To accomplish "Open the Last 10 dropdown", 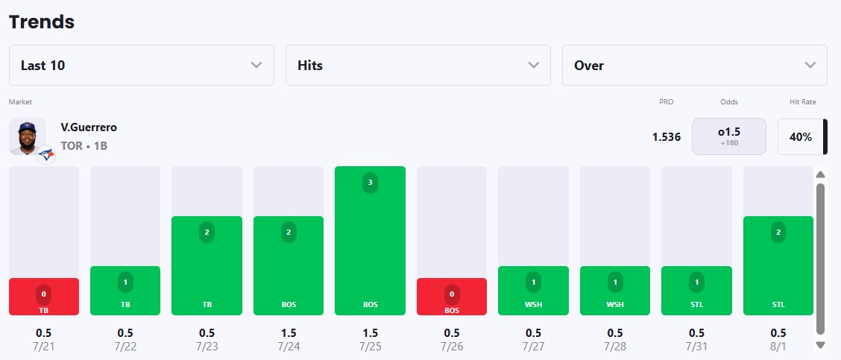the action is [142, 66].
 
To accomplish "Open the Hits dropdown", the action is [418, 66].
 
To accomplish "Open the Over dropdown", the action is [695, 66].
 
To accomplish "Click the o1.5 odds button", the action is [729, 136].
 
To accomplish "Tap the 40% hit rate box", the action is [801, 137].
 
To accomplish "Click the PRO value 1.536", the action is [667, 137].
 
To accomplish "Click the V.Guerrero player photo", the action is [28, 136].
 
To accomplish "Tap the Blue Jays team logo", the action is [47, 155].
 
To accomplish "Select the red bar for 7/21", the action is [44, 296].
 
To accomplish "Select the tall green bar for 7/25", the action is [370, 240].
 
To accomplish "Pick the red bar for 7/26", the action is [452, 296].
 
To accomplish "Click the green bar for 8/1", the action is [778, 265].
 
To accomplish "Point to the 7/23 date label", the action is [207, 346].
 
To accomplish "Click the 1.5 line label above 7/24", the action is [289, 333].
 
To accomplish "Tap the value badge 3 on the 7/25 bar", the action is [370, 183].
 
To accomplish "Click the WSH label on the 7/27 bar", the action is [533, 304].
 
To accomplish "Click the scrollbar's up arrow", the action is [820, 174].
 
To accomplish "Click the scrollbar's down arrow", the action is [820, 344].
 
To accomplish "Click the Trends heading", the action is [42, 22].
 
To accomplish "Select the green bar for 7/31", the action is [696, 290].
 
